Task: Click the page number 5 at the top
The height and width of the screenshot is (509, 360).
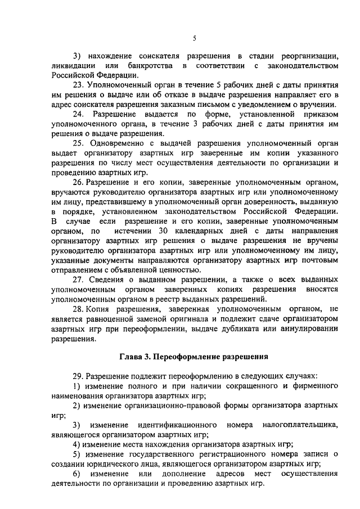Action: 195,38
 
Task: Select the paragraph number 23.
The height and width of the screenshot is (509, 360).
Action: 78,84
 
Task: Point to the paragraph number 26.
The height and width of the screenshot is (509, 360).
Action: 78,182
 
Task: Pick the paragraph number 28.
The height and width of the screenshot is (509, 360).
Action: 78,309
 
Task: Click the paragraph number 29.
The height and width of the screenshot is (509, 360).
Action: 78,375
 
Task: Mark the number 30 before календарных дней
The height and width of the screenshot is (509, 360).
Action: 164,231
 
